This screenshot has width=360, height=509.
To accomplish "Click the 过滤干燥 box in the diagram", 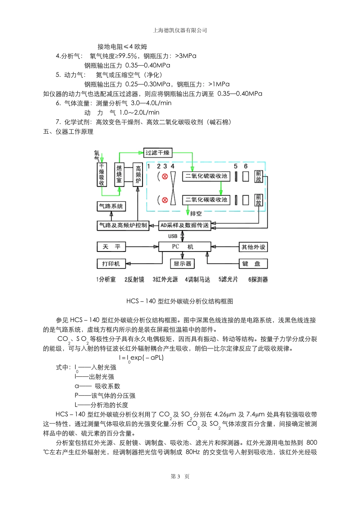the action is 157,153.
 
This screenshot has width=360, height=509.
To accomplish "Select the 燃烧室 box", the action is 119,175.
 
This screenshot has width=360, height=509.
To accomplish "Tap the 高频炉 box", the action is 138,175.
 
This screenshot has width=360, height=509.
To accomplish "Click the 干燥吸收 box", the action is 102,175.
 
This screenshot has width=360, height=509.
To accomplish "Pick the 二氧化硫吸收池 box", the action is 206,176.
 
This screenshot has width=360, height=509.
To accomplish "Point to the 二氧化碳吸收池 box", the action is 206,200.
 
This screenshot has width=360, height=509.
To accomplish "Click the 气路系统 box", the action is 111,206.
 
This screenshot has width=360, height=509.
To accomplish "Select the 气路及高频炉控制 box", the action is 123,225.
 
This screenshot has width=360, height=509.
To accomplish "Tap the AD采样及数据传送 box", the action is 185,225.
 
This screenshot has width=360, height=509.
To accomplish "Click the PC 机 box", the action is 184,247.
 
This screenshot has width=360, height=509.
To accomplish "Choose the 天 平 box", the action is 111,247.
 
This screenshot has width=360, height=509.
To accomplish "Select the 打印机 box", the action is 111,264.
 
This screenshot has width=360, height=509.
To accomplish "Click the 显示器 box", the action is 182,264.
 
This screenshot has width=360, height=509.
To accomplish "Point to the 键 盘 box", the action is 253,264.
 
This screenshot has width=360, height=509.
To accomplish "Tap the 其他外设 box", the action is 253,247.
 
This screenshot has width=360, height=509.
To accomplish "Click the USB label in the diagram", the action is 173,236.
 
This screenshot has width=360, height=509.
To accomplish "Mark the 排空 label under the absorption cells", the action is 196,214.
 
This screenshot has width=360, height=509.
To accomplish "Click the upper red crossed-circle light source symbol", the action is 164,176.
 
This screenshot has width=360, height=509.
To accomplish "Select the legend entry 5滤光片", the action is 228,279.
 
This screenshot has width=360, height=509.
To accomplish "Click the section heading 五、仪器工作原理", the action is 68,132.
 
